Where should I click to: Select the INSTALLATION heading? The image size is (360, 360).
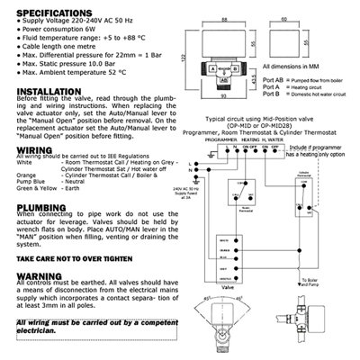coord(45,116)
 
